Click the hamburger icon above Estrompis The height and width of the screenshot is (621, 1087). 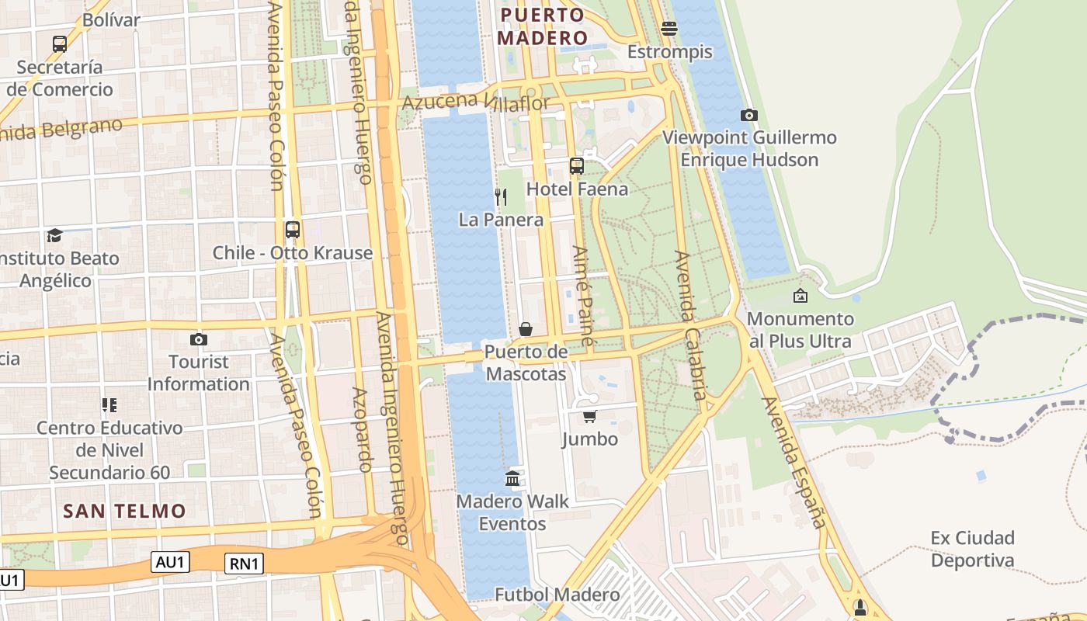[669, 29]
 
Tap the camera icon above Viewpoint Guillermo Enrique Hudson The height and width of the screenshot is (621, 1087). [749, 115]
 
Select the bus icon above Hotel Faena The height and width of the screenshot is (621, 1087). [576, 165]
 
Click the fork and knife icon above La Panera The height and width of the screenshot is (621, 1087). [501, 197]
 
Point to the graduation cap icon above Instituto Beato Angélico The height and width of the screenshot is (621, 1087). [54, 235]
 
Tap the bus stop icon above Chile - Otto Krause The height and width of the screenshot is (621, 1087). [292, 230]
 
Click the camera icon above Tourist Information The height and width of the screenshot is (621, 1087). [199, 339]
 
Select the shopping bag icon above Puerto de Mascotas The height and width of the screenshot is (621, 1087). [526, 329]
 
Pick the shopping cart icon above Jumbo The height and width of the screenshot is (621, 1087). [589, 417]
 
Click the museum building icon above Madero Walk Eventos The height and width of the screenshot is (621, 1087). [512, 478]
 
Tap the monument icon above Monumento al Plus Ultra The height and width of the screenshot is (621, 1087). [800, 296]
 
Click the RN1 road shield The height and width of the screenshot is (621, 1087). [244, 564]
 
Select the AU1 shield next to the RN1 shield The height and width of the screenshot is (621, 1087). [169, 562]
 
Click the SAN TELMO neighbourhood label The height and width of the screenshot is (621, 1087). [124, 511]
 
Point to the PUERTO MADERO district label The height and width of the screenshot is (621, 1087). [542, 26]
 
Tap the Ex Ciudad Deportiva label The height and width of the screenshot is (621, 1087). [972, 549]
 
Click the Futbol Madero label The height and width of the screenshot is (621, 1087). [557, 595]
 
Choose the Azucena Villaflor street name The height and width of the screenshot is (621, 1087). [475, 102]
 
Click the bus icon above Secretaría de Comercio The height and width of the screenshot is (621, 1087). [60, 44]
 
